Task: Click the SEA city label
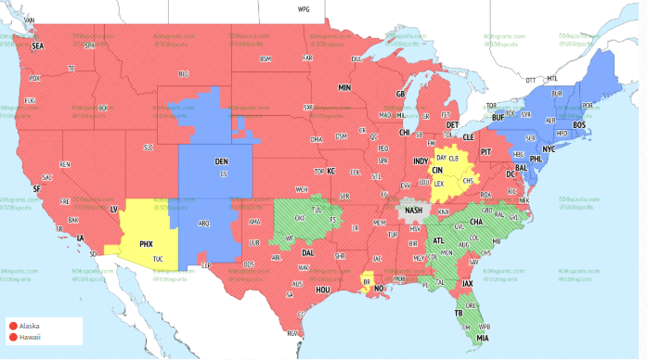click(38, 45)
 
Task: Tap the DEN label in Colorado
click(221, 161)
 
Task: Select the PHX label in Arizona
click(145, 244)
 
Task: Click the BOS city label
click(579, 124)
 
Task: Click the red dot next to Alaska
click(13, 326)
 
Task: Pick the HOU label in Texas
click(323, 289)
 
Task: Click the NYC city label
click(548, 148)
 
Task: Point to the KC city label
click(330, 171)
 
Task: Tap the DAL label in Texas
click(307, 252)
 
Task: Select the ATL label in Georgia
click(438, 240)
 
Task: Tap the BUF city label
click(498, 118)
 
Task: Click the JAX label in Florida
click(468, 284)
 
